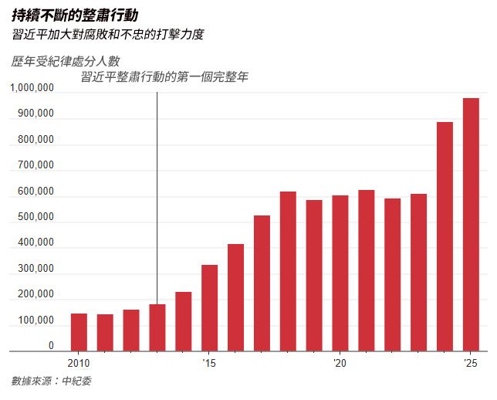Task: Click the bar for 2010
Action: pyautogui.click(x=79, y=332)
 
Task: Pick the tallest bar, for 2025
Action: pyautogui.click(x=471, y=224)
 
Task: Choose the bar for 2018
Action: pyautogui.click(x=288, y=271)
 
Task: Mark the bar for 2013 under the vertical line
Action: pyautogui.click(x=157, y=327)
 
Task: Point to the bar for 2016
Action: pyautogui.click(x=235, y=297)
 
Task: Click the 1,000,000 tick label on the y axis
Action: pyautogui.click(x=32, y=89)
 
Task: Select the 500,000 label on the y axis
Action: pyautogui.click(x=35, y=218)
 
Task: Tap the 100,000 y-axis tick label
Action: pyautogui.click(x=35, y=320)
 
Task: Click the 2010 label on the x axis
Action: pyautogui.click(x=79, y=363)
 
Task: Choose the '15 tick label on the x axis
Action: pyautogui.click(x=209, y=363)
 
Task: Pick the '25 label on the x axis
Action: pyautogui.click(x=471, y=363)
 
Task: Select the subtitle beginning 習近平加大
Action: pyautogui.click(x=107, y=36)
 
